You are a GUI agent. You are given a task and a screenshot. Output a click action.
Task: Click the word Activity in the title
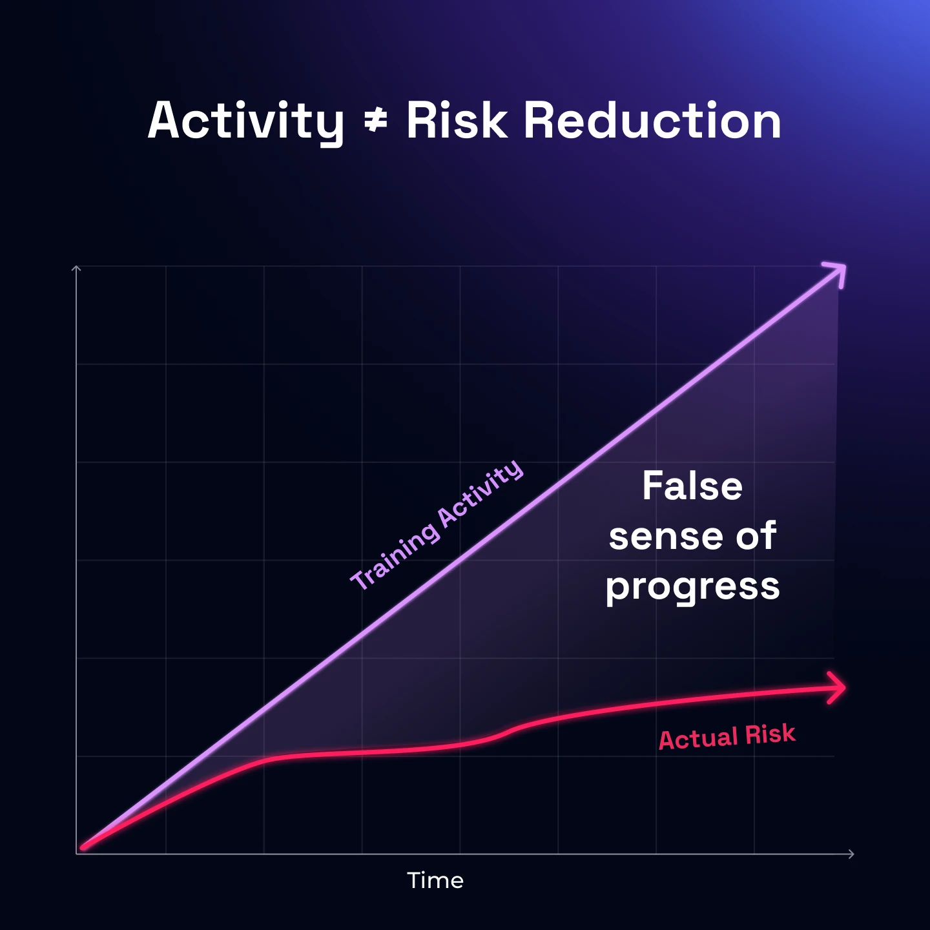tap(245, 121)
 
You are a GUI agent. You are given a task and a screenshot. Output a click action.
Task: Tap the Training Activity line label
tap(437, 524)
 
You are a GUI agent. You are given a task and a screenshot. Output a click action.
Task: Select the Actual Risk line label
tap(727, 736)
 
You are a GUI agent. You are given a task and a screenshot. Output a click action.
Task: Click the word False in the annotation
tap(692, 486)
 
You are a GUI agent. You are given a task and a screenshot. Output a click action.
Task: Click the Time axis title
tap(435, 880)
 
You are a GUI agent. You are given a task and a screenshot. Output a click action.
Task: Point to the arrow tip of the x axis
tap(852, 854)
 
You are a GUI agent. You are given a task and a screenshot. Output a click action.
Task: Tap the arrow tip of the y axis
tap(76, 267)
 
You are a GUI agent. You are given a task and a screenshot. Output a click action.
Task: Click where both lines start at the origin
tap(83, 847)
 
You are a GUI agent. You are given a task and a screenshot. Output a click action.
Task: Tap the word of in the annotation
tap(756, 536)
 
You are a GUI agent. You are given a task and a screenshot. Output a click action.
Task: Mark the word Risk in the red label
tap(770, 734)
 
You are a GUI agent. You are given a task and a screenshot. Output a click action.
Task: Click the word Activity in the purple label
tap(481, 493)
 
